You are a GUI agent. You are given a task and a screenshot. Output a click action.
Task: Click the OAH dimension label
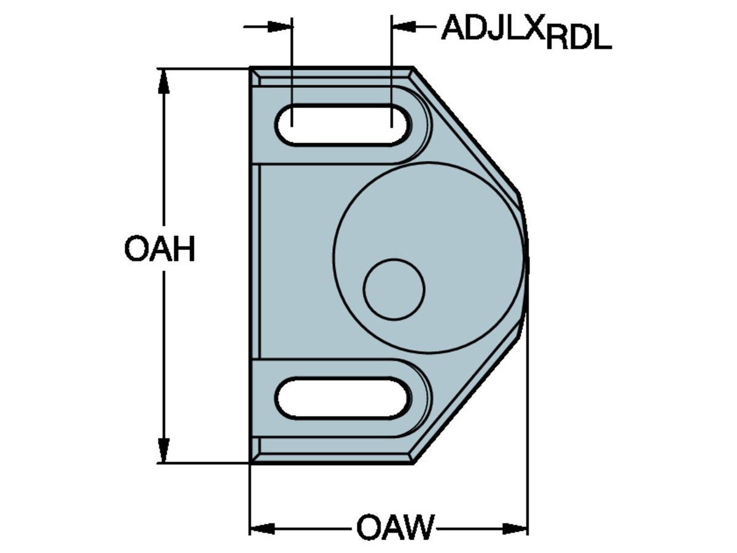coord(160,250)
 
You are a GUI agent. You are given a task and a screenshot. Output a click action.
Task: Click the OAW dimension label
coord(395,528)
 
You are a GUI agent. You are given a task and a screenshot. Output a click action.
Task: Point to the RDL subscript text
coord(579,40)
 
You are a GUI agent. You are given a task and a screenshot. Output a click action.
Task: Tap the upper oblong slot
coord(342,125)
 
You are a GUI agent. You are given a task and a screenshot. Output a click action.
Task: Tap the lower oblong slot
coord(342,399)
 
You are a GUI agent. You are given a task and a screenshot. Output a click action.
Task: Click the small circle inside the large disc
coord(394,289)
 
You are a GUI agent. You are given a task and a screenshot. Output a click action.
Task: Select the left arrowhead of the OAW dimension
coord(262,528)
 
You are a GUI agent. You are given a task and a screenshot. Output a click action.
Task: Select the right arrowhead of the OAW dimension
coord(515,528)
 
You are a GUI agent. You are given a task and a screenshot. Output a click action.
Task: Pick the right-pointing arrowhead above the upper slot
coord(281,26)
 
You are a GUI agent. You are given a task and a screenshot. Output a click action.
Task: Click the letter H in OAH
coord(182,250)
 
